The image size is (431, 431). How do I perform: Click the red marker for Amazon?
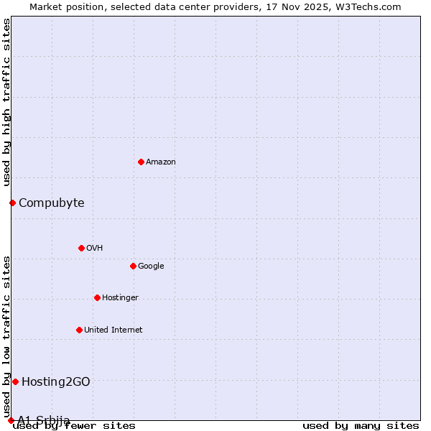coord(141,162)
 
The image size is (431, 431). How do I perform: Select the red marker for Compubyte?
coord(12,203)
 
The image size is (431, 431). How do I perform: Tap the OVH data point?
coord(81,248)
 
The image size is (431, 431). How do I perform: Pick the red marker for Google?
coord(133,266)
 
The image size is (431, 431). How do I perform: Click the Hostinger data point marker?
coord(97,297)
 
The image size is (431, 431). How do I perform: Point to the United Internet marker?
coord(79,330)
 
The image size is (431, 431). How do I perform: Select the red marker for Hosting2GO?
coord(15,381)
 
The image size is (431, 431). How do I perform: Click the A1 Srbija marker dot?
coord(11,420)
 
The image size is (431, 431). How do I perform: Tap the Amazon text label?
coord(161,162)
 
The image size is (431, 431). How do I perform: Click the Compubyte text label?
coord(52,203)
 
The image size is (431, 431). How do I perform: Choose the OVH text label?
coord(95,249)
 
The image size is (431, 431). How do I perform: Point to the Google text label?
coord(151,267)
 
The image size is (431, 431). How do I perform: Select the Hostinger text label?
coord(120,298)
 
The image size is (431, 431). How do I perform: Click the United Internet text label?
coord(113,330)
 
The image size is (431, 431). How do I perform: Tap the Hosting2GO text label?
coord(56,382)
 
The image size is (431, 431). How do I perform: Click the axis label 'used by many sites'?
coord(361,426)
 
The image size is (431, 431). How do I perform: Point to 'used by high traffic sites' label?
coord(7,103)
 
